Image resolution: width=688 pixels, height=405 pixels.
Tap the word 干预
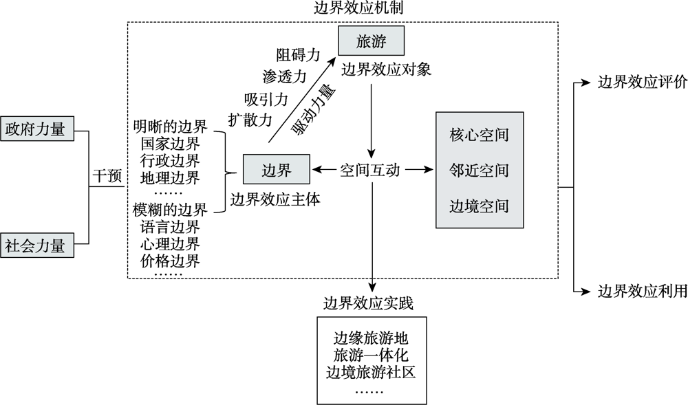coord(107,175)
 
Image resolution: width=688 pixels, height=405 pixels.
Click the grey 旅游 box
coord(371,42)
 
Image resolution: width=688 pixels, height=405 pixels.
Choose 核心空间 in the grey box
coord(479,134)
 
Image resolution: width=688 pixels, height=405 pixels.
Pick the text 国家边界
coord(169,144)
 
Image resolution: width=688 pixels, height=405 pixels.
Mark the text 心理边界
coord(169,243)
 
